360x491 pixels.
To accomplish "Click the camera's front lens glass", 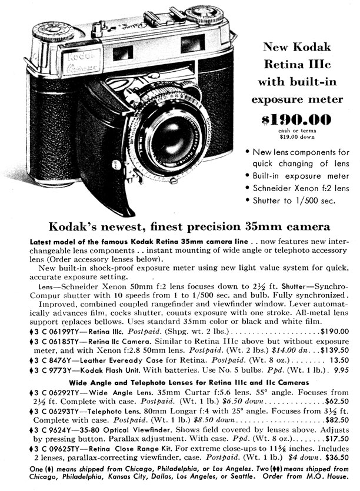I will click(x=170, y=138).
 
